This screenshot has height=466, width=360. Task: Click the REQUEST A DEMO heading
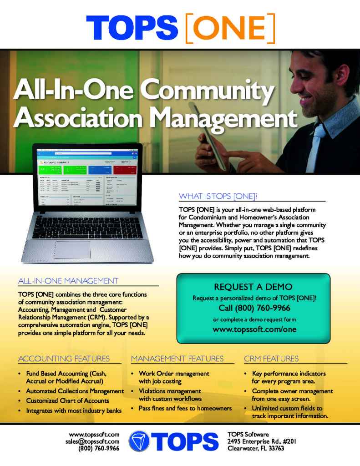click(x=253, y=287)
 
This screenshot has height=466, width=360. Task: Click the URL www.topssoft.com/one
click(x=253, y=329)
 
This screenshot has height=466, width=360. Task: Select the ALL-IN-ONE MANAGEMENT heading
click(x=68, y=281)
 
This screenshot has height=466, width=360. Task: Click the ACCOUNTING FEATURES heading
click(x=64, y=359)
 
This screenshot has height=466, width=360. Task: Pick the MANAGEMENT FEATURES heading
click(x=177, y=359)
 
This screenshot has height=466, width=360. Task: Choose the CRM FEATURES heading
click(x=272, y=359)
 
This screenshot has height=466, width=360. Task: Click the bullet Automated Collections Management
click(x=75, y=391)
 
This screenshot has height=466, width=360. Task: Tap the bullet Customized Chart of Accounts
click(x=67, y=401)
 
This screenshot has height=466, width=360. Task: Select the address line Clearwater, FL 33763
click(x=256, y=448)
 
